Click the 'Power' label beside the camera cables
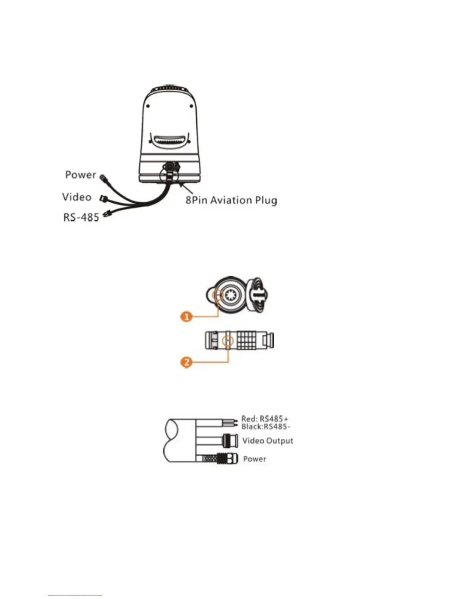[x=81, y=175]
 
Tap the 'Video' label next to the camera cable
[x=77, y=197]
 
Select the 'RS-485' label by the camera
[x=81, y=217]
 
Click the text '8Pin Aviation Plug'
[x=231, y=200]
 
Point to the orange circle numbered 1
[x=186, y=316]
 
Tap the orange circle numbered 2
[x=186, y=362]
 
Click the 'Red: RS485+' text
[x=265, y=419]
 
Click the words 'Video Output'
[x=268, y=441]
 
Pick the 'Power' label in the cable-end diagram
[x=255, y=459]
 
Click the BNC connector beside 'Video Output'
[x=230, y=440]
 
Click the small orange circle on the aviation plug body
[x=227, y=341]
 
